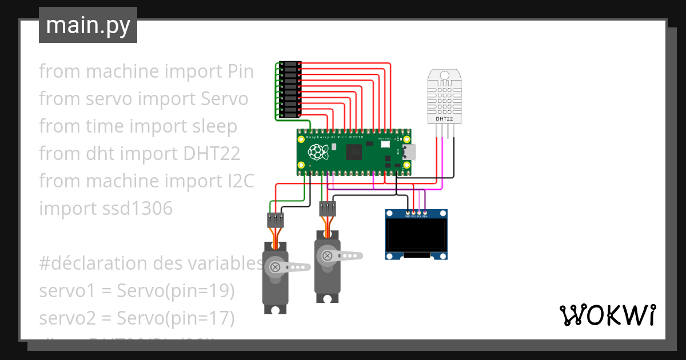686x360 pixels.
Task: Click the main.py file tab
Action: click(x=87, y=26)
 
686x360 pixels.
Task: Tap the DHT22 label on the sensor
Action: click(x=445, y=119)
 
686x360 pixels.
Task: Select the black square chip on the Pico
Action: click(x=354, y=153)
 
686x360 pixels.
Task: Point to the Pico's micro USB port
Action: click(x=409, y=153)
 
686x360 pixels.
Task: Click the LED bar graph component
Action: click(x=290, y=90)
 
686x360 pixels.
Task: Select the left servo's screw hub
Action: click(x=276, y=267)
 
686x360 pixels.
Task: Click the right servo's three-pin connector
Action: click(x=328, y=208)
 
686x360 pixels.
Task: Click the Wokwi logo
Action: click(x=607, y=315)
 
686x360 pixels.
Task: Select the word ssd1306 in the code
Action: click(x=135, y=209)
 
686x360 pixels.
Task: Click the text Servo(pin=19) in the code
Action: click(x=176, y=291)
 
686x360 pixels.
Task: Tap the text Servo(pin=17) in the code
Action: click(x=176, y=317)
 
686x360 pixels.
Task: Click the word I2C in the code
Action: click(x=237, y=181)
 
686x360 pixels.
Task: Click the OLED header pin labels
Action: click(x=416, y=217)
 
